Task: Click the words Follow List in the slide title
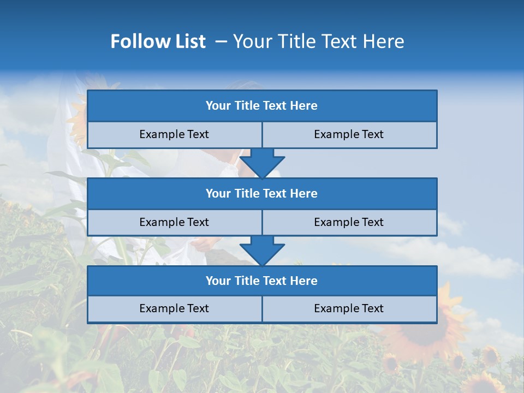pyautogui.click(x=158, y=41)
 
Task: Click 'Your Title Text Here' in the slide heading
pyautogui.click(x=318, y=41)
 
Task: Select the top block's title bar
pyautogui.click(x=262, y=106)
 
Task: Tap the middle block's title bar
pyautogui.click(x=262, y=193)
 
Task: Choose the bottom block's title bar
pyautogui.click(x=262, y=281)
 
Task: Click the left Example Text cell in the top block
pyautogui.click(x=174, y=134)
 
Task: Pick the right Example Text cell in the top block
pyautogui.click(x=349, y=134)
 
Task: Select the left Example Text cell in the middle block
pyautogui.click(x=174, y=222)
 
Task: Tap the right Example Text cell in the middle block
pyautogui.click(x=349, y=222)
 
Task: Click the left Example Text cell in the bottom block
pyautogui.click(x=174, y=308)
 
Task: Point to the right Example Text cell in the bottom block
pyautogui.click(x=349, y=308)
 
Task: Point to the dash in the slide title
pyautogui.click(x=221, y=41)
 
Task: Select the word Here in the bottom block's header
pyautogui.click(x=304, y=281)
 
